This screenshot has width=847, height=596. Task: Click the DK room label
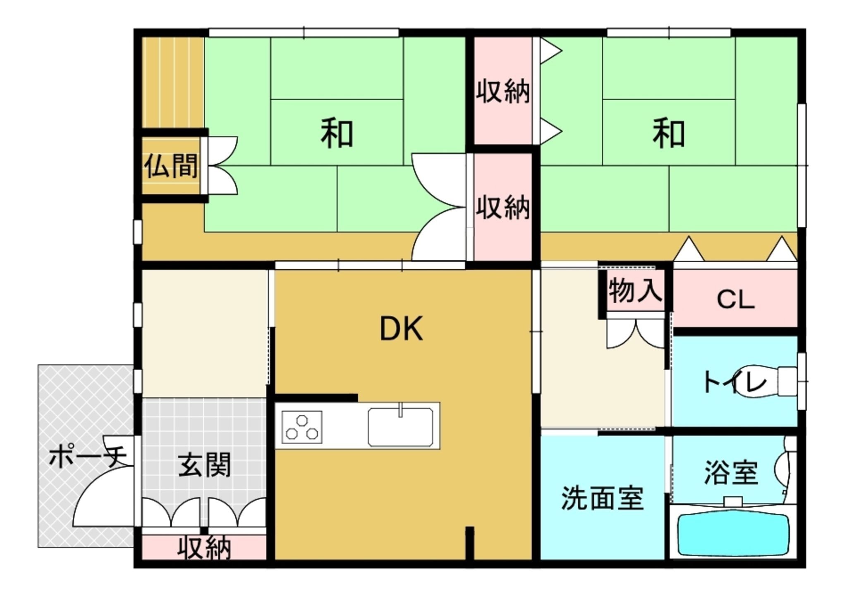point(401,328)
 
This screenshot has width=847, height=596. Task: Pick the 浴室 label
point(731,472)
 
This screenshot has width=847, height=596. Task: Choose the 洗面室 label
point(602,498)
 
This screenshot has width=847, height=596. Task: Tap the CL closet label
point(736,299)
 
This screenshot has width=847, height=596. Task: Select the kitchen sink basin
point(400,427)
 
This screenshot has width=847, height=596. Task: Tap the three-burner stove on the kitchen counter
point(302,427)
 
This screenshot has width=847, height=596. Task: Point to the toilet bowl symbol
point(773,381)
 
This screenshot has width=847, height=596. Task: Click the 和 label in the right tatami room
point(669,133)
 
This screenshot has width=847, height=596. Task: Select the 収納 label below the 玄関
point(204,548)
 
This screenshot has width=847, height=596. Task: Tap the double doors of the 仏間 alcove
point(223,165)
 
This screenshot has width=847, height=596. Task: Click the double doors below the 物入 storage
point(636,333)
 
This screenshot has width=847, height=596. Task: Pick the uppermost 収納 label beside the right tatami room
point(502,92)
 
